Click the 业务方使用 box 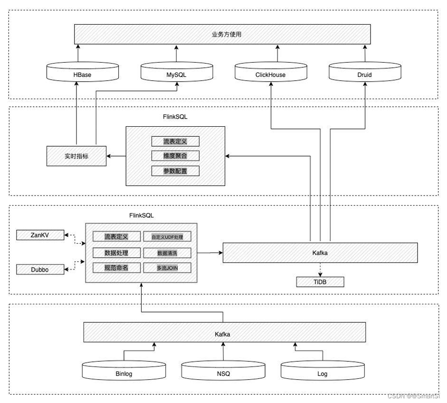(x=222, y=34)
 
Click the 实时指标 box (x=76, y=156)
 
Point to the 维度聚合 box (x=175, y=156)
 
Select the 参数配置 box (x=175, y=171)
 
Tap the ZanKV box (x=40, y=235)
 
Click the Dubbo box (x=40, y=269)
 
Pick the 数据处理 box (x=116, y=253)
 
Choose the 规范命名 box (x=116, y=268)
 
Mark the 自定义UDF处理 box (x=167, y=237)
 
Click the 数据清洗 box (x=167, y=253)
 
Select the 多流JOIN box (x=167, y=268)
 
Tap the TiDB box (x=320, y=282)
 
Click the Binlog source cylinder (x=124, y=372)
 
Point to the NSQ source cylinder (x=223, y=372)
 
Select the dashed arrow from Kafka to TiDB (x=320, y=270)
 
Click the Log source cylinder (x=323, y=372)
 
